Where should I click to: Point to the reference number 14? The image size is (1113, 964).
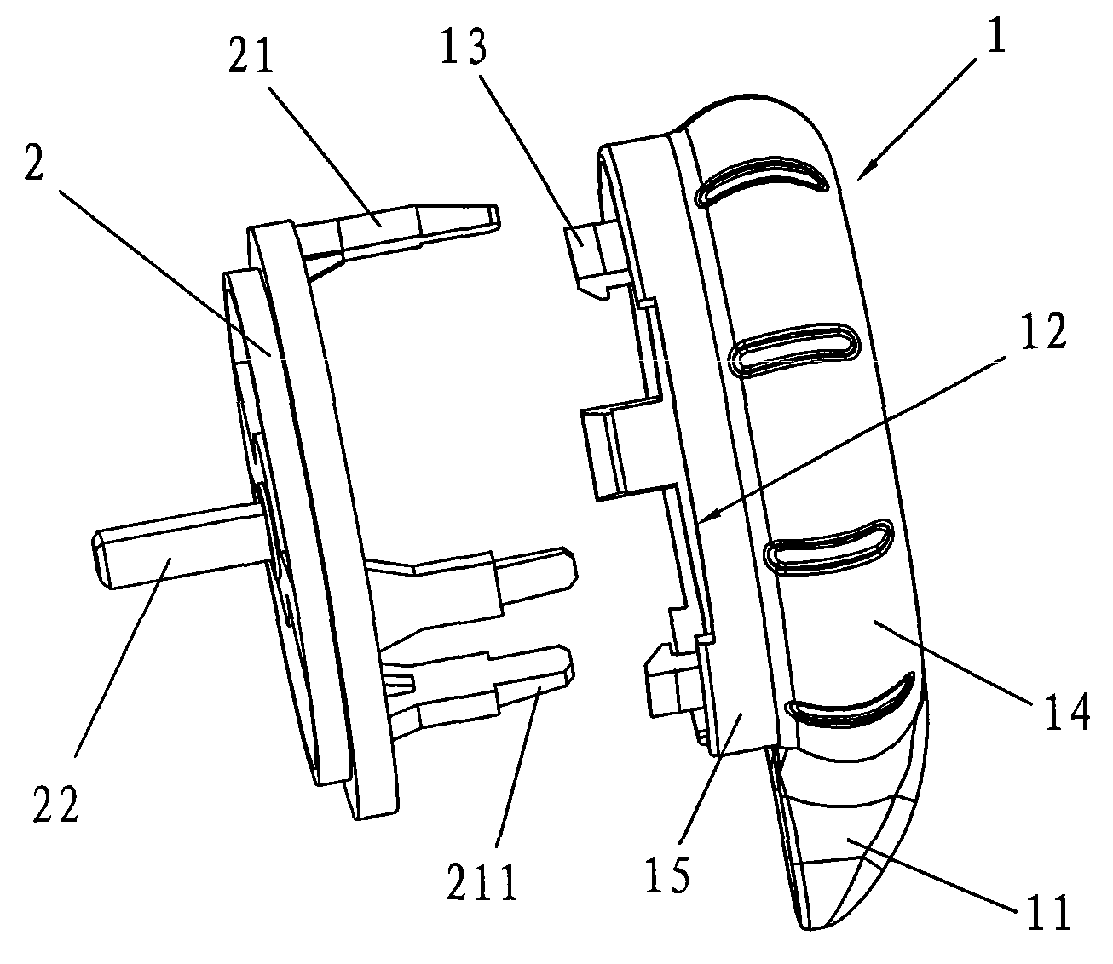click(1067, 711)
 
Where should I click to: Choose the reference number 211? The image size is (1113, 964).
click(482, 882)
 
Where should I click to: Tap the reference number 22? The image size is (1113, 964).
click(56, 804)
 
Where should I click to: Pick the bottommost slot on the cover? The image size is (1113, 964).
click(851, 699)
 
